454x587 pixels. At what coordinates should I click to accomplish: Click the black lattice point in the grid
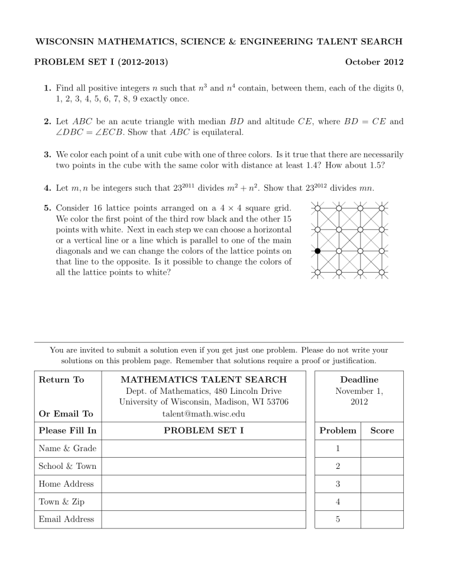[317, 251]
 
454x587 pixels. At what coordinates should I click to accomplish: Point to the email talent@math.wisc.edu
[204, 414]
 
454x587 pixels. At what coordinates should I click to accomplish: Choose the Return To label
[61, 380]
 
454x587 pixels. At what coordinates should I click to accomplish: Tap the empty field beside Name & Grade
[204, 448]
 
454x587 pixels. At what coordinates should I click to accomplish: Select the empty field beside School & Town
[204, 466]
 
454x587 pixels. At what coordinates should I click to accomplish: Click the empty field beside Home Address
[204, 484]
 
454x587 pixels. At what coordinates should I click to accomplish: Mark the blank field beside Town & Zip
[204, 501]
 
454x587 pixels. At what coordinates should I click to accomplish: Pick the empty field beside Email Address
[204, 519]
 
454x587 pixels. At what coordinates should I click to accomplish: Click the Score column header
[381, 431]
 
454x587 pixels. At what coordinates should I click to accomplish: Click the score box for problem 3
[381, 484]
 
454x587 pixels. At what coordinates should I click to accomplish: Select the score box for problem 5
[381, 519]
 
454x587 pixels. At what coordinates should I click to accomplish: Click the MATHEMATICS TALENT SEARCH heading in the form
[204, 380]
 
